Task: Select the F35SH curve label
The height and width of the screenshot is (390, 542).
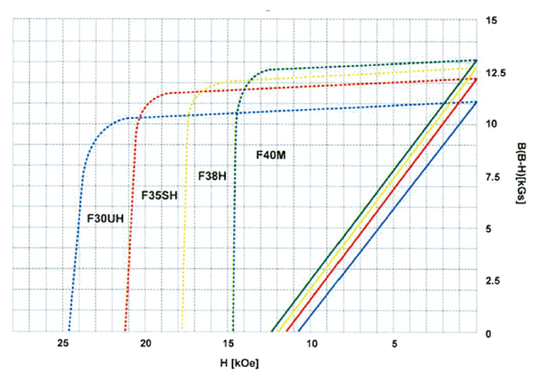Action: click(159, 195)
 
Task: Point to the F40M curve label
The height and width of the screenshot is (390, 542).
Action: click(271, 154)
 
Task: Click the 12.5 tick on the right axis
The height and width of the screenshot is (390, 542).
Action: click(495, 72)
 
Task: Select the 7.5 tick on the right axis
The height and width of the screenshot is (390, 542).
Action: click(493, 177)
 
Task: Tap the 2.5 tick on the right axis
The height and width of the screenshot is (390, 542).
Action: click(493, 281)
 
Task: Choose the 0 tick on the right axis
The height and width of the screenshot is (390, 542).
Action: click(488, 334)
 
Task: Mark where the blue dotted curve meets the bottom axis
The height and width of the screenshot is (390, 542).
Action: click(69, 332)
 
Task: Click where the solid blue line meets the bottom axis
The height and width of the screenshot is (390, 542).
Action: click(298, 332)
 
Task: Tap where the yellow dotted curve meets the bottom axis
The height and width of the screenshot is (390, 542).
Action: click(181, 332)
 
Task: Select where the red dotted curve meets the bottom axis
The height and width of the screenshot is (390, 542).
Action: click(126, 332)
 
